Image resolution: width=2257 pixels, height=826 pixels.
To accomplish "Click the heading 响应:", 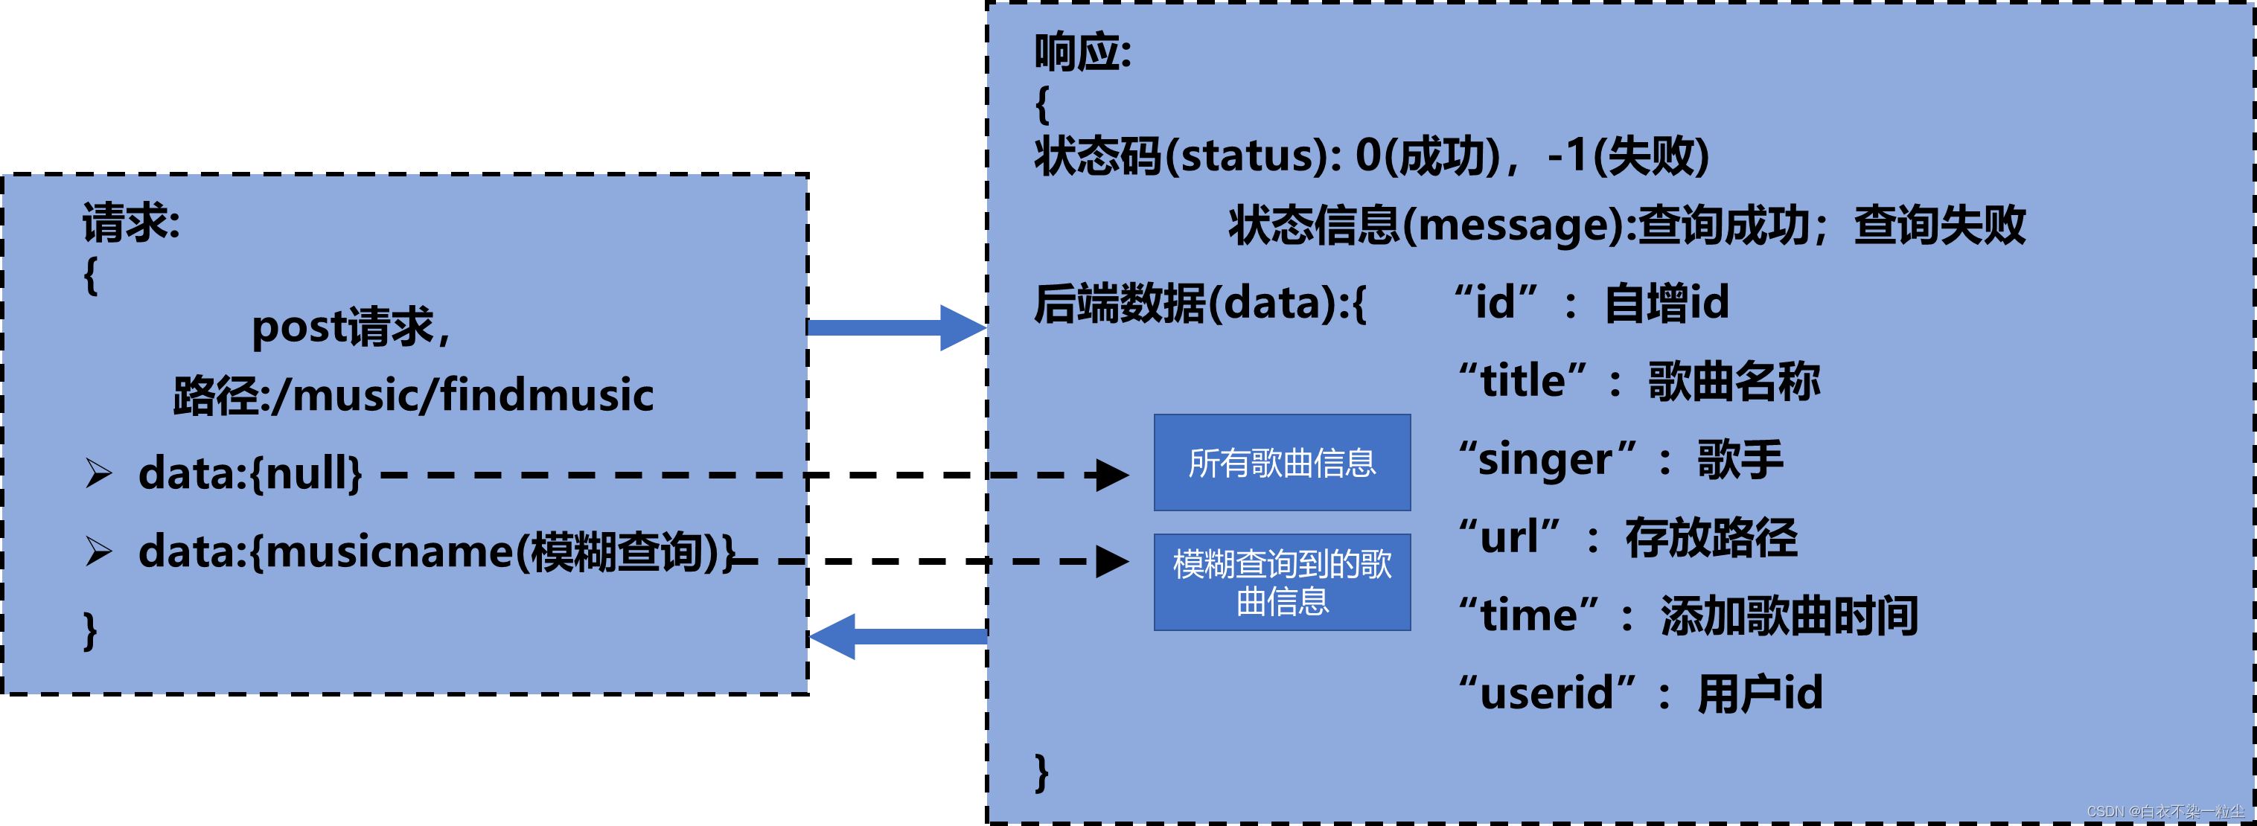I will (1083, 53).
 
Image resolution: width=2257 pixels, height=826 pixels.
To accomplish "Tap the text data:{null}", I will (249, 474).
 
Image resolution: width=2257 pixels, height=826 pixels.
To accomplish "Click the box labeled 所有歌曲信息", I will (1282, 463).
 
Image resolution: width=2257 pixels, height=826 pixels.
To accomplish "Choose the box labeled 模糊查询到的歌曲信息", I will (1282, 583).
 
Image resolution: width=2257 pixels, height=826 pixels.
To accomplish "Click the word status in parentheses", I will (1254, 156).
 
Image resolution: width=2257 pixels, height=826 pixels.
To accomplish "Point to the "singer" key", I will (1546, 460).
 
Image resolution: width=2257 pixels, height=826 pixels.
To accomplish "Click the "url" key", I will (1509, 538).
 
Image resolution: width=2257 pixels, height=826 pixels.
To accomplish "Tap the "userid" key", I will (1546, 694).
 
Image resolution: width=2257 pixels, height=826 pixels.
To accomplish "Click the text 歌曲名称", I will (1734, 382).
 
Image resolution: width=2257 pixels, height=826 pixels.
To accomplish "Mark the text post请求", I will (351, 327).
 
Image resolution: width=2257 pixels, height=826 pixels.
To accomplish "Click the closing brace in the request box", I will (89, 631).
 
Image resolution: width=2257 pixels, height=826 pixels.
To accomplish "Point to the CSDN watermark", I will (2165, 812).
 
